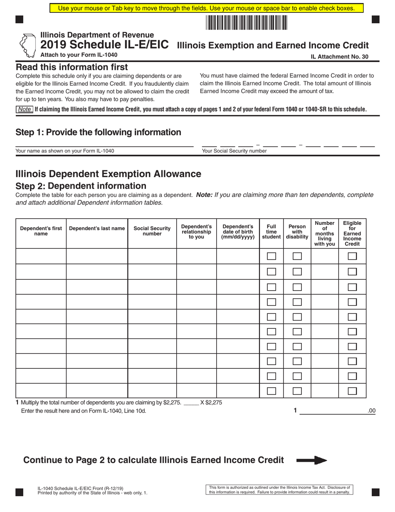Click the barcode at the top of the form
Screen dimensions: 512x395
246,22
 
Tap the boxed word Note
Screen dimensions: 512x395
25,109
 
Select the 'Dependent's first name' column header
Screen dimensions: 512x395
41,231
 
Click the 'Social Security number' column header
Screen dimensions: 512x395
152,231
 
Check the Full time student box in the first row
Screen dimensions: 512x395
271,256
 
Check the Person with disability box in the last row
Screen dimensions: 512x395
297,391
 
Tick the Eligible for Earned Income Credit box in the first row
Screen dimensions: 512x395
352,256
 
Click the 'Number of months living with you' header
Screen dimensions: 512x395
324,234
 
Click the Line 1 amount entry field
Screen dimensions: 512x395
333,410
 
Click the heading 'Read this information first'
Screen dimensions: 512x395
72,67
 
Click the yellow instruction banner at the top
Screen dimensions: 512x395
206,8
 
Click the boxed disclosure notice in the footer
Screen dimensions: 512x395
279,490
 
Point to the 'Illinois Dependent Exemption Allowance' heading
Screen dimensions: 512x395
108,174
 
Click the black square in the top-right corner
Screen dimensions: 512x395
375,19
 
